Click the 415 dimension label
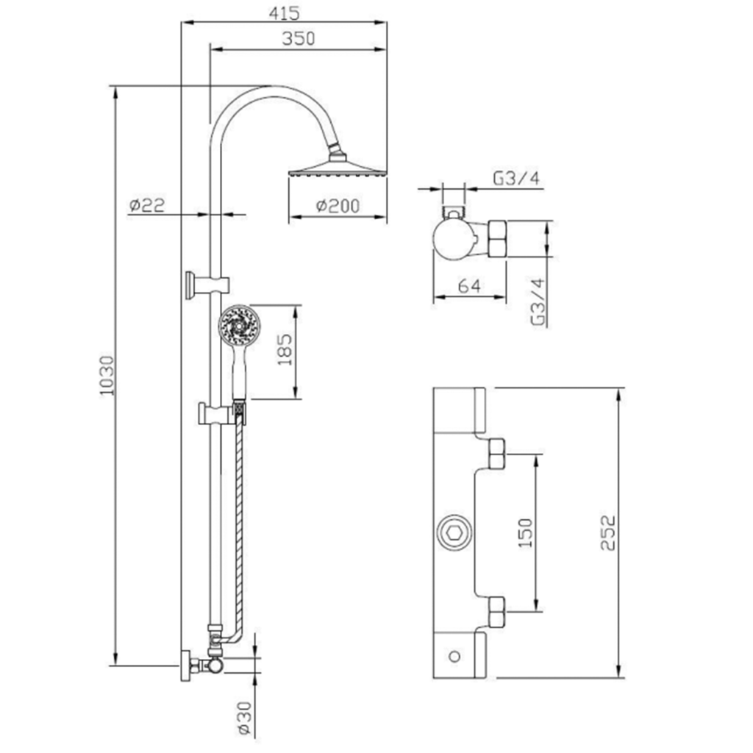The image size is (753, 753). (284, 13)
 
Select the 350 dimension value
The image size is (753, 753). (299, 38)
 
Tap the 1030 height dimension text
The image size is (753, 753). (107, 376)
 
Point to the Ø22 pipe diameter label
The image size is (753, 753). (147, 205)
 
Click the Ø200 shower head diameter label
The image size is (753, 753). (338, 206)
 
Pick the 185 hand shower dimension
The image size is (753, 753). (285, 349)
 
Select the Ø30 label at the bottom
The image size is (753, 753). (244, 718)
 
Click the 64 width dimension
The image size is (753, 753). (468, 286)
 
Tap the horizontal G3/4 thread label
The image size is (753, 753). (516, 179)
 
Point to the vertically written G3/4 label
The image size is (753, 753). (538, 301)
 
